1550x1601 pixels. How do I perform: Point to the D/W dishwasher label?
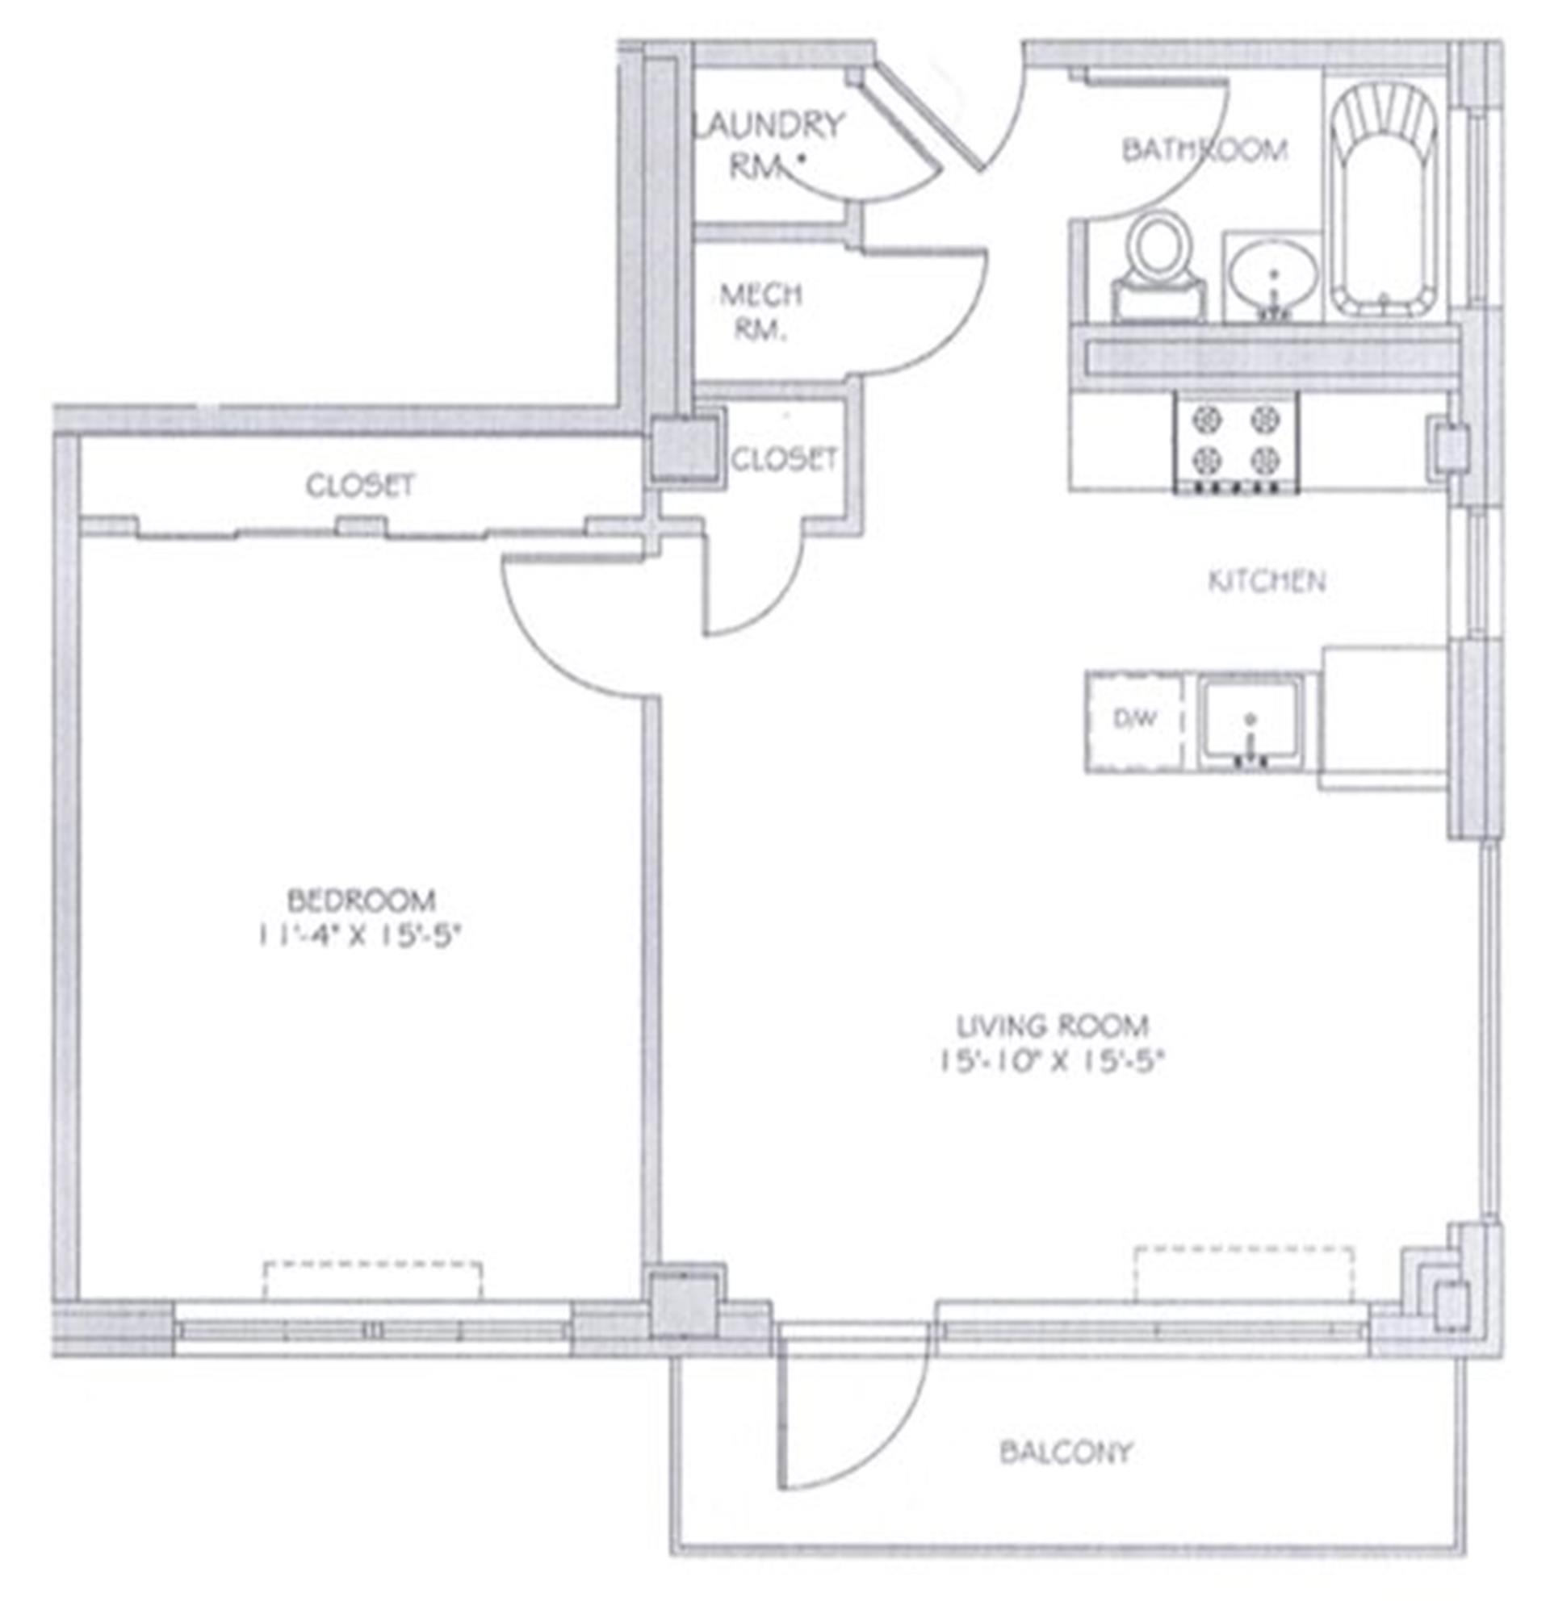click(1136, 719)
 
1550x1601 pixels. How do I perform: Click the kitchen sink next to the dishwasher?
click(1250, 722)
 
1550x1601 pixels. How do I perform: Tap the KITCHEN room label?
click(1267, 582)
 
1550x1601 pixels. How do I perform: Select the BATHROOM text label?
click(1204, 149)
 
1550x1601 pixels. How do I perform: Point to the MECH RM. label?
click(760, 311)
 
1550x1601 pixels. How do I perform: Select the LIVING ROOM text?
click(1054, 1024)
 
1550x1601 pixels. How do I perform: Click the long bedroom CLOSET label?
click(360, 485)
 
